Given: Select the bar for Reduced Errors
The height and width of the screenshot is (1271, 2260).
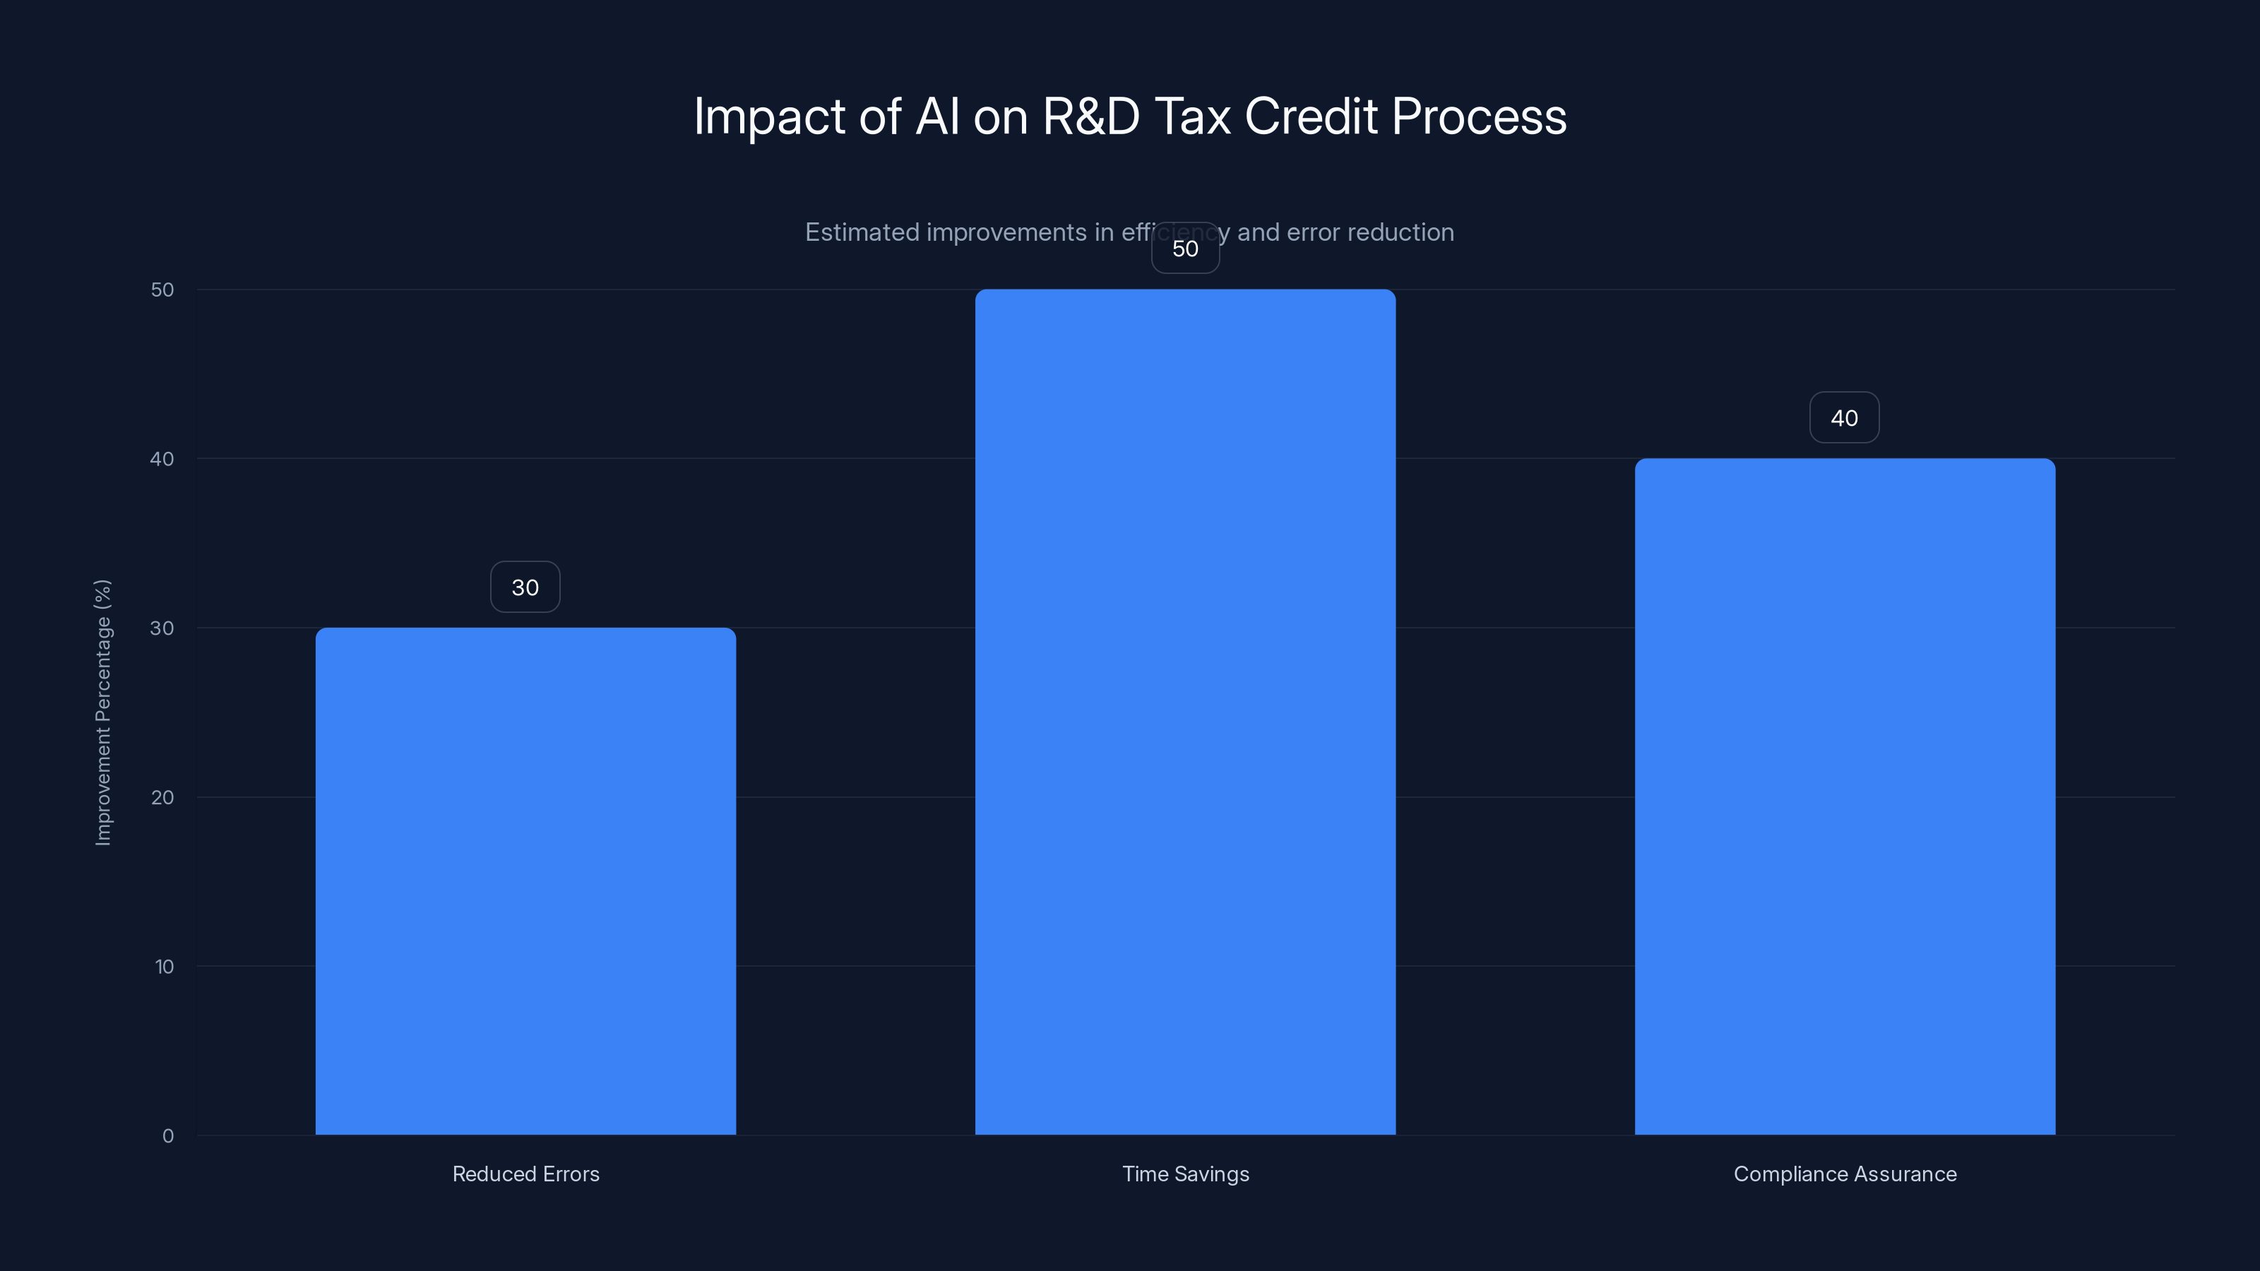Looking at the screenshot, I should tap(525, 881).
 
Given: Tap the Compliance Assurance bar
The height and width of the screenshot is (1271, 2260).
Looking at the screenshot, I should tap(1844, 796).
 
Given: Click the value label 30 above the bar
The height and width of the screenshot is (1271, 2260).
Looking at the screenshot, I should tap(525, 587).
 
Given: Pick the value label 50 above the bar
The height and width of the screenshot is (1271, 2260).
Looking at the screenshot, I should tap(1185, 249).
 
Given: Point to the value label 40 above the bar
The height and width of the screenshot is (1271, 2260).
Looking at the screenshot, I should tap(1844, 419).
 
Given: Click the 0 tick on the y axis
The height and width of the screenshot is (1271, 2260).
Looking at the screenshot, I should tap(167, 1136).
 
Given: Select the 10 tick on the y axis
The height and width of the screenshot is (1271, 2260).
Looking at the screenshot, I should tap(164, 967).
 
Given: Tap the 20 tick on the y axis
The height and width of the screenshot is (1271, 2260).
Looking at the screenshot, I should tap(162, 797).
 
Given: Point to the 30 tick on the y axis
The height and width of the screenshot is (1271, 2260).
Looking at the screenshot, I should tap(162, 628).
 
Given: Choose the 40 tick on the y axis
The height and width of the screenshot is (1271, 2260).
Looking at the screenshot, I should tap(162, 459).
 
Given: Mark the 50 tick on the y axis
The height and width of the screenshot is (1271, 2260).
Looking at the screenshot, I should tap(162, 290).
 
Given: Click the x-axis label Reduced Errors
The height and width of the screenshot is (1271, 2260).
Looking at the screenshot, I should tap(525, 1174).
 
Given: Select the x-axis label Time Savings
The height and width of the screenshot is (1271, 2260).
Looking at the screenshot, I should tap(1185, 1174).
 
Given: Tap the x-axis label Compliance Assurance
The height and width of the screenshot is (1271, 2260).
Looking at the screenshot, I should tap(1844, 1174).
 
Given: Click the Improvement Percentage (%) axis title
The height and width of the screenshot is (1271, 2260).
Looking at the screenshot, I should tap(102, 712).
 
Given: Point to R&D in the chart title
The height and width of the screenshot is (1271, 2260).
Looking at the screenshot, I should tap(1090, 117).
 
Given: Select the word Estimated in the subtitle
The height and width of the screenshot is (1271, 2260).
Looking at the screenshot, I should tap(862, 232).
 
